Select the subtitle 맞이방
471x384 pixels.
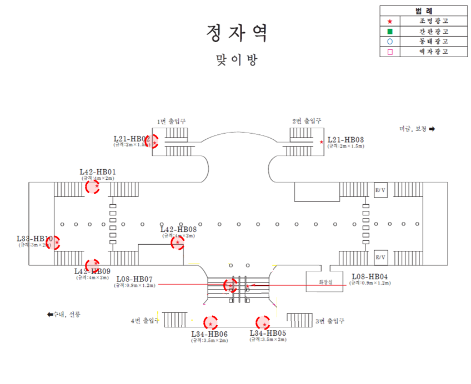[x=237, y=60]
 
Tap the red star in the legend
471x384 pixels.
[x=389, y=21]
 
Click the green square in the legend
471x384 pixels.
[x=389, y=31]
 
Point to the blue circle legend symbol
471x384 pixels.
[x=389, y=42]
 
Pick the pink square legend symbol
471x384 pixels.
[x=389, y=52]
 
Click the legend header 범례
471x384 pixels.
[x=423, y=11]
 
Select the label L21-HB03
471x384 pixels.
[x=345, y=140]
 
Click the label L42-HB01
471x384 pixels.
[x=98, y=171]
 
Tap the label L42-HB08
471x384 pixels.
[x=178, y=229]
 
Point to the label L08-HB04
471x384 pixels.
[x=370, y=276]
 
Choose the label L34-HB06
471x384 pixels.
[x=209, y=334]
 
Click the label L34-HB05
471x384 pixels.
[x=268, y=333]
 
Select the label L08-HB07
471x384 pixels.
[x=134, y=279]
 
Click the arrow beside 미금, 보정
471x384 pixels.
[x=432, y=129]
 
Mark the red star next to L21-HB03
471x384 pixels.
[x=322, y=142]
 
